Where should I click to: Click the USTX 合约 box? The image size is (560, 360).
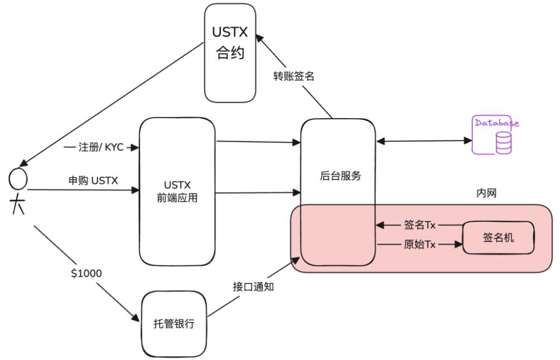tap(230, 53)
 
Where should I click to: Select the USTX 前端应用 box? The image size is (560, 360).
tap(177, 191)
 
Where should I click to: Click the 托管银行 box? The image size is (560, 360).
tap(174, 323)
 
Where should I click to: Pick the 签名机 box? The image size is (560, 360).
tap(498, 238)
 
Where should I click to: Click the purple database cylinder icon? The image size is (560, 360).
tap(503, 143)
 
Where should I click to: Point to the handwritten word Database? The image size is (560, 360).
tap(496, 123)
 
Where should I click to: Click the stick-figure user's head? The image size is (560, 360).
tap(18, 179)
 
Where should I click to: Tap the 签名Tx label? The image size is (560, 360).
tap(419, 225)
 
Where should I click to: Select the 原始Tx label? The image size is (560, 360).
tap(419, 245)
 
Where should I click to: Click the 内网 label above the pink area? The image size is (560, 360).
tap(486, 193)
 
